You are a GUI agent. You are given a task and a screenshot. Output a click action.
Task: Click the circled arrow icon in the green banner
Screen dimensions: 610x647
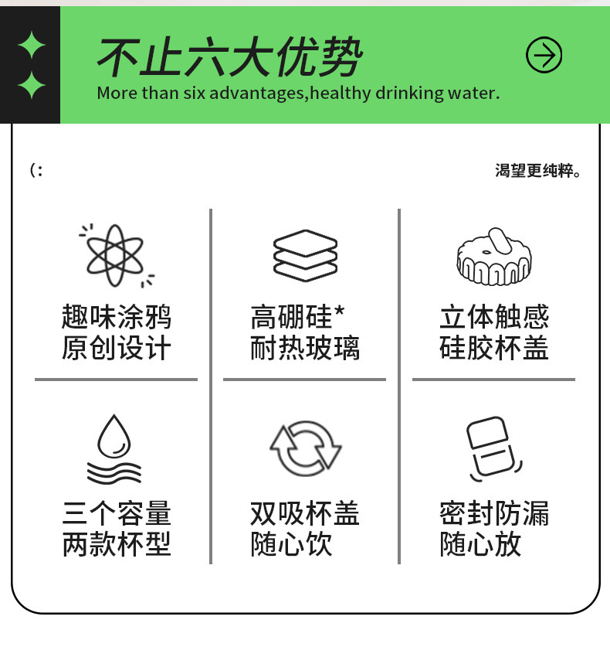click(x=544, y=55)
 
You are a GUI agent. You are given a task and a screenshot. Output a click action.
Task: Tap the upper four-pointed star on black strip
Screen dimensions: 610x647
click(x=32, y=45)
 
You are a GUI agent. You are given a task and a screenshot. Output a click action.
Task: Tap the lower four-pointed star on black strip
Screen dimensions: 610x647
click(x=32, y=85)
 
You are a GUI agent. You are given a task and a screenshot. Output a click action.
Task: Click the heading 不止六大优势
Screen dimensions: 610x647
click(x=229, y=56)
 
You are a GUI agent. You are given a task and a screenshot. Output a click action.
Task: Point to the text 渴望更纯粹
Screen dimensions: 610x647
click(x=537, y=170)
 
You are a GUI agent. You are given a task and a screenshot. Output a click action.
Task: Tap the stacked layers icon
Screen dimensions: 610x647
click(x=305, y=255)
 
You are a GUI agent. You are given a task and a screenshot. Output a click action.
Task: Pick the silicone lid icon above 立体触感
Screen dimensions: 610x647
click(x=493, y=256)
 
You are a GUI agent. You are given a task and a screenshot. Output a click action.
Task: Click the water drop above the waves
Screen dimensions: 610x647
click(x=114, y=436)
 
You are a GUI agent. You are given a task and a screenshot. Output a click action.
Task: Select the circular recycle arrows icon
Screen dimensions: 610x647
click(x=306, y=448)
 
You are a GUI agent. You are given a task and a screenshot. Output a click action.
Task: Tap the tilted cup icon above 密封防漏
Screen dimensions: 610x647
click(x=494, y=448)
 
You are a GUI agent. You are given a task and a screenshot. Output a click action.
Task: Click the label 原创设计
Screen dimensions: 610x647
click(x=117, y=348)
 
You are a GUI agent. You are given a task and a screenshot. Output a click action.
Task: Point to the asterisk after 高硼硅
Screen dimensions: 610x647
click(x=339, y=311)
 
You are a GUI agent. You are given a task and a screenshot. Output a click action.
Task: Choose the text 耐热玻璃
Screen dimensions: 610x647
click(x=305, y=348)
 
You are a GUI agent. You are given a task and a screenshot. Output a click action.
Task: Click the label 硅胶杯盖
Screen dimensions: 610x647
click(x=493, y=348)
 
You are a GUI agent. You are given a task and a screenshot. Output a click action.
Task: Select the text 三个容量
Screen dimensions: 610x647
click(x=117, y=513)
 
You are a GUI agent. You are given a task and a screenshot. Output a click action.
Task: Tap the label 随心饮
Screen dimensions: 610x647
click(x=291, y=544)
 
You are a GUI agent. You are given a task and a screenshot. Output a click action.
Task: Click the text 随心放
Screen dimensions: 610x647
click(x=480, y=544)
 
